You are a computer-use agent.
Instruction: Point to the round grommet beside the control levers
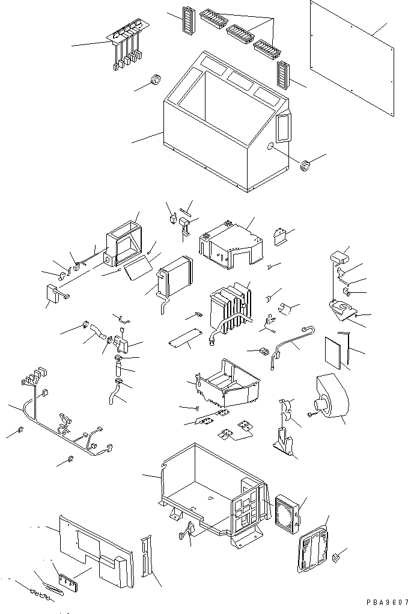(x=156, y=79)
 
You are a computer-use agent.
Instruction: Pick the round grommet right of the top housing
(x=306, y=164)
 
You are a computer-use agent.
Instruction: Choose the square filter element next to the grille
(x=286, y=514)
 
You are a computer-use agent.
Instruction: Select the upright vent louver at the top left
(x=187, y=23)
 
